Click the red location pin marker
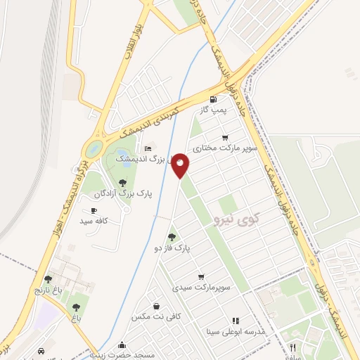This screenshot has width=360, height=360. coord(181,165)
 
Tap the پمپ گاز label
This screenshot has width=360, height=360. coord(212,110)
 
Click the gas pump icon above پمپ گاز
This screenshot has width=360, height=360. coord(212,99)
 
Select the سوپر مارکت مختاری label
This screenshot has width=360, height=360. coord(228,148)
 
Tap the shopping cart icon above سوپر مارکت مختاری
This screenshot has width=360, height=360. coord(224,137)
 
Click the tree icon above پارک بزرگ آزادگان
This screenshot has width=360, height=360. coord(123,182)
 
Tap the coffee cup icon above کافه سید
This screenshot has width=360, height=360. coord(94,210)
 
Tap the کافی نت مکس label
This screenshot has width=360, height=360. coord(156,317)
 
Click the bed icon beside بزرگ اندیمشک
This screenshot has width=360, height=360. coord(148,148)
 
